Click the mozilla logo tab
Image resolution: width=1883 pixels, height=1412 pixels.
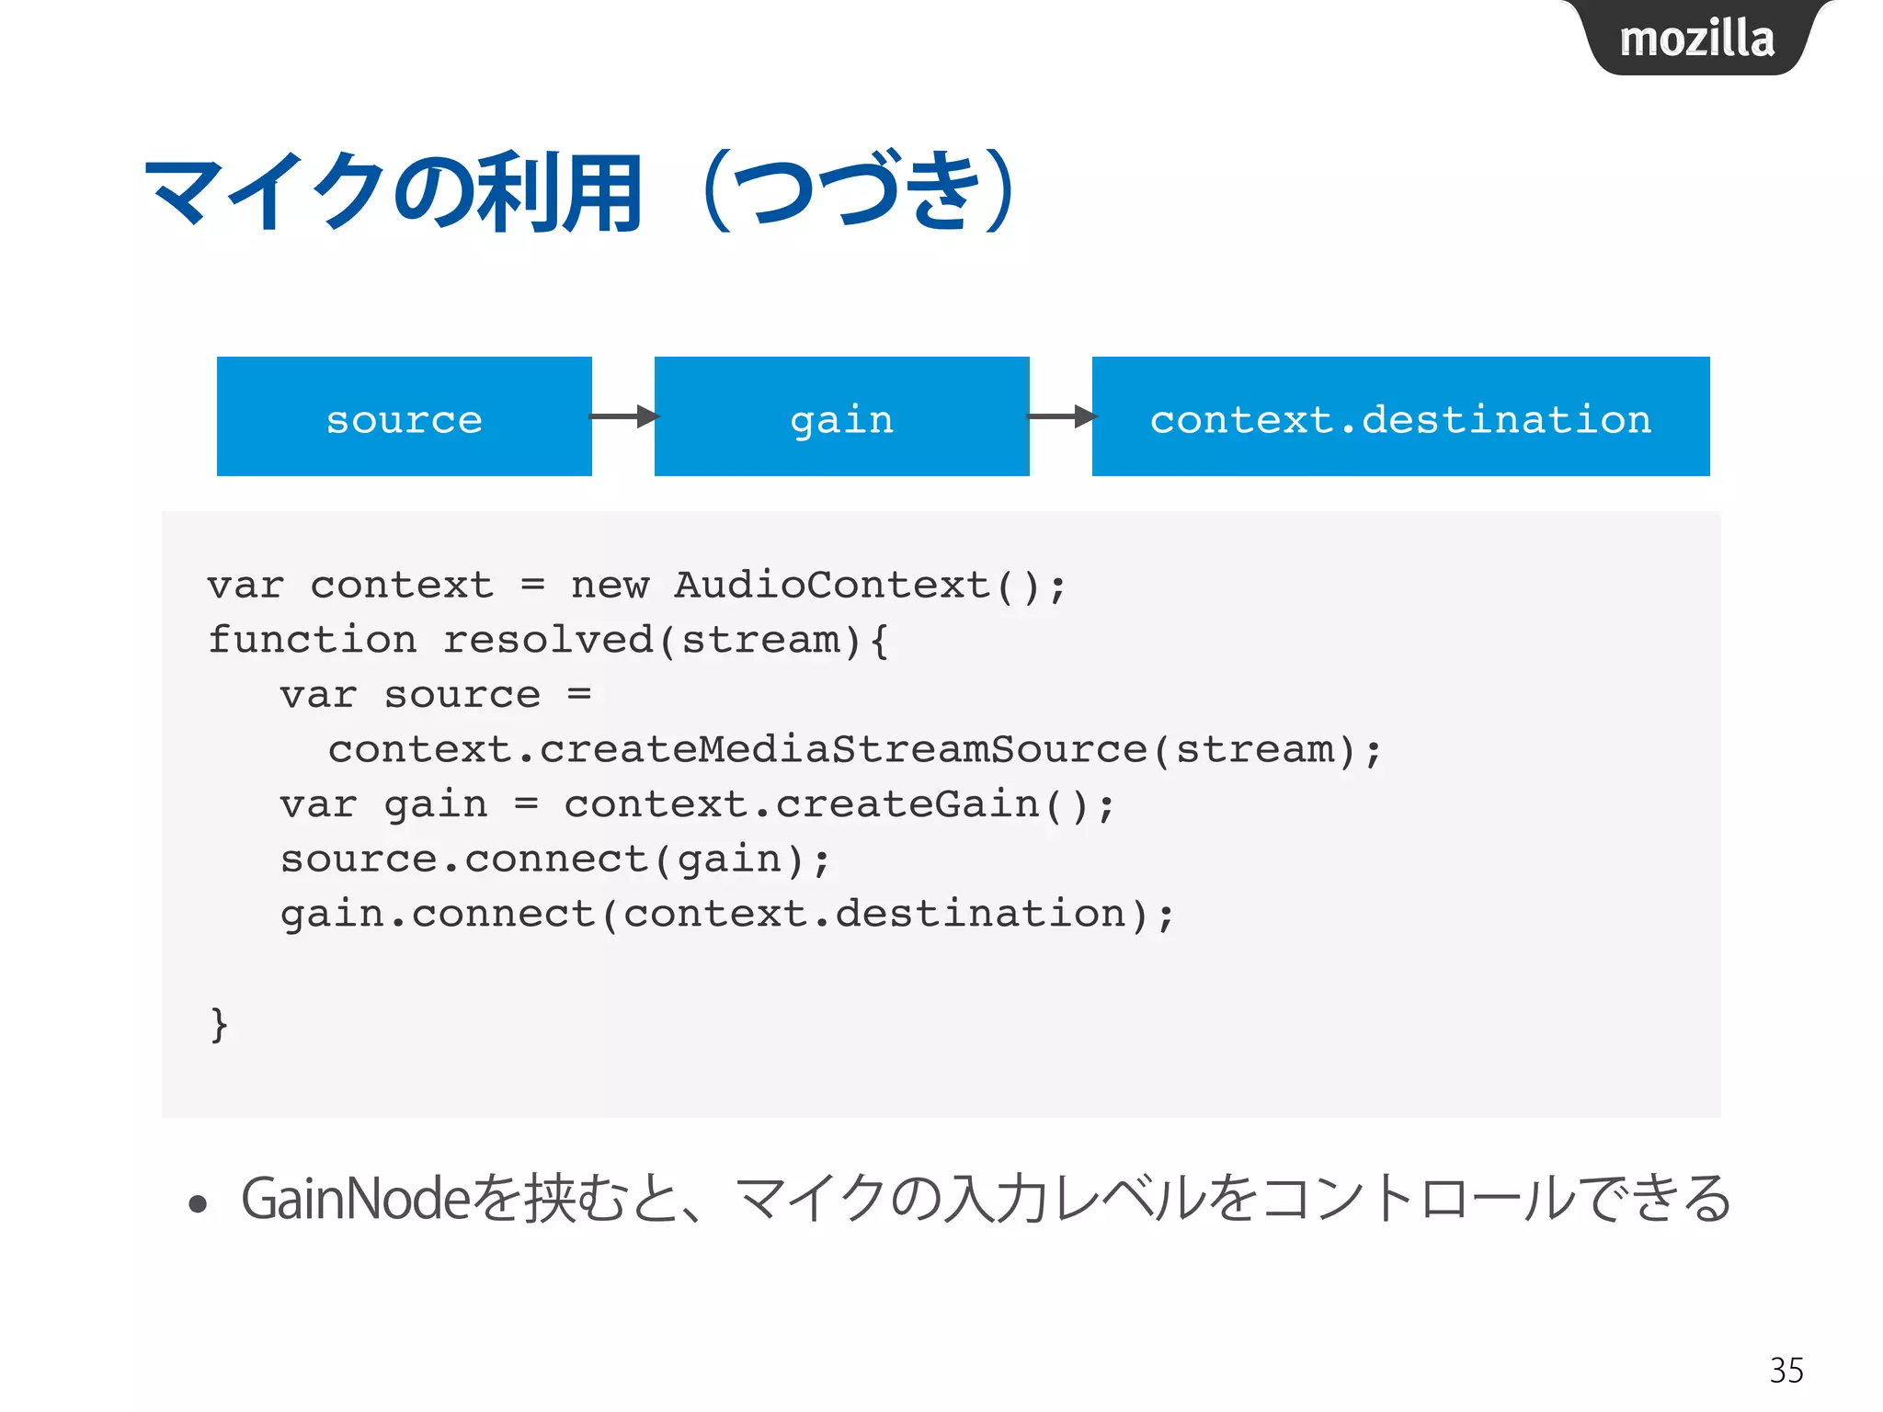click(x=1696, y=39)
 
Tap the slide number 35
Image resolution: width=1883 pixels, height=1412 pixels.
click(x=1786, y=1371)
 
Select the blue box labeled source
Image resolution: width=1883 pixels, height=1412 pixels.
click(x=404, y=417)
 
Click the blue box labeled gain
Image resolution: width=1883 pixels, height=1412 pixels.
click(x=841, y=417)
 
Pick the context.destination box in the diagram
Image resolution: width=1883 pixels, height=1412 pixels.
click(x=1399, y=417)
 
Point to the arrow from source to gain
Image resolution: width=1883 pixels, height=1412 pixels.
click(x=623, y=416)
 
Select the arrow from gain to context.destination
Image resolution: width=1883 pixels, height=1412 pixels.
click(x=1061, y=416)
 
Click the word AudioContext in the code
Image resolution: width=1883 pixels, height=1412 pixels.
click(x=832, y=586)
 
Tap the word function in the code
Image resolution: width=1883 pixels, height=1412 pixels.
click(x=312, y=640)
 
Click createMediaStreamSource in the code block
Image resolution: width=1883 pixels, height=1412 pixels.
click(x=843, y=750)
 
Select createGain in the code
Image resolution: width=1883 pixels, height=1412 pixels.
click(x=907, y=805)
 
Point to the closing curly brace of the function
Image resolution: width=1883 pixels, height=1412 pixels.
click(x=219, y=1024)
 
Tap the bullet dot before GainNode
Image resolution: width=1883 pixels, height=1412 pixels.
click(x=198, y=1203)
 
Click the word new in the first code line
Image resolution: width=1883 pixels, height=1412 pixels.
click(x=610, y=586)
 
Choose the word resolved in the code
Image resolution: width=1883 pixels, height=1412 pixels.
click(x=548, y=640)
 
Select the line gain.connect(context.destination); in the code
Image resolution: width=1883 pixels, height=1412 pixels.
click(x=726, y=915)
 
